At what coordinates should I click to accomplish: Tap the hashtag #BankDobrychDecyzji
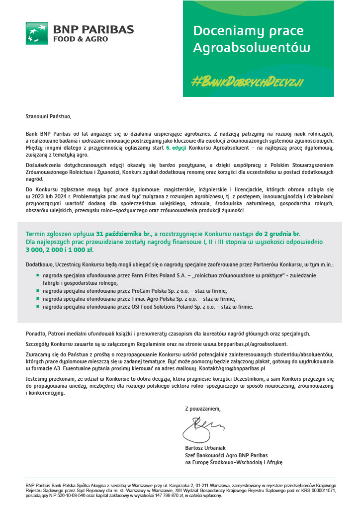click(x=248, y=82)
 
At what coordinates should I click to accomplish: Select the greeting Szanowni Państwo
click(x=49, y=117)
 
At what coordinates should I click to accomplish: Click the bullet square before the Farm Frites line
click(x=37, y=275)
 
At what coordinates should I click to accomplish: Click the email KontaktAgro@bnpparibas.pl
click(x=232, y=369)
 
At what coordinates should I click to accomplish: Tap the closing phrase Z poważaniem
click(x=202, y=409)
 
